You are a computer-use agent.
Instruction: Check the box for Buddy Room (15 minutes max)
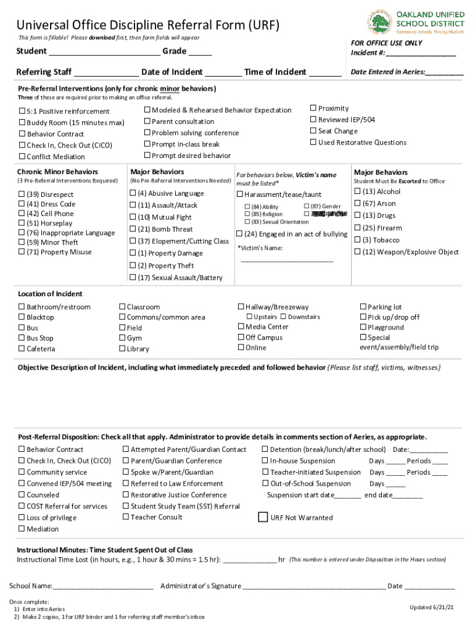(x=22, y=123)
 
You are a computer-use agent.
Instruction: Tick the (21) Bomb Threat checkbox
(x=133, y=229)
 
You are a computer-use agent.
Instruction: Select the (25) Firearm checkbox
(x=358, y=228)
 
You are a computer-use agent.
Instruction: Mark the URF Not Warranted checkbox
(x=263, y=517)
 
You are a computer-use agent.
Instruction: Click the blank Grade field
(x=200, y=52)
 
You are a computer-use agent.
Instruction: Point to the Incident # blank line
(x=421, y=54)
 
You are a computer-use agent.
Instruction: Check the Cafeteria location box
(x=22, y=349)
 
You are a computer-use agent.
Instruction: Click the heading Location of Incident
(x=50, y=294)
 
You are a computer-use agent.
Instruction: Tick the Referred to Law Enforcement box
(x=126, y=484)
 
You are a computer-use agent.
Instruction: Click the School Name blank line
(x=103, y=587)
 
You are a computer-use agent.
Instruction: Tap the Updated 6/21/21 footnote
(x=431, y=607)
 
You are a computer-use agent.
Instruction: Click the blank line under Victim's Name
(x=287, y=260)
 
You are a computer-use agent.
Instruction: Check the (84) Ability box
(x=247, y=207)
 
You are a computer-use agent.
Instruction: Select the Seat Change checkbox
(x=313, y=131)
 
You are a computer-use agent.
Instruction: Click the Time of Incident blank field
(x=324, y=73)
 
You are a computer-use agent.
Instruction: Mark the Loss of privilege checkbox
(x=22, y=518)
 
